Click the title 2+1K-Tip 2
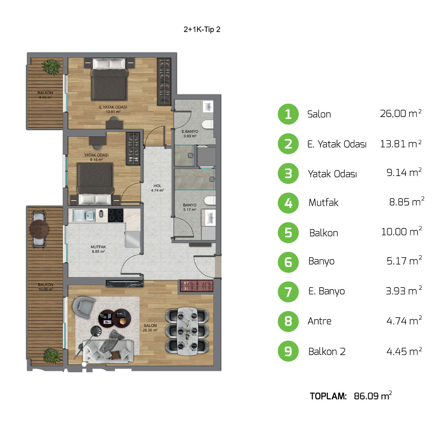[x=202, y=30]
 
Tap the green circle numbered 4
[x=288, y=203]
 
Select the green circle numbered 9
[x=288, y=351]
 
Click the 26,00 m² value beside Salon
[x=400, y=113]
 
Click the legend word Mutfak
[x=323, y=203]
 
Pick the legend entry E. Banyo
[x=326, y=291]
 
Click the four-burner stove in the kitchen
[x=116, y=215]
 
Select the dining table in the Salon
[x=188, y=331]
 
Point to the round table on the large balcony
[x=39, y=229]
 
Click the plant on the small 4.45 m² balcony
[x=51, y=67]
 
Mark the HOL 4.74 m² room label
[x=158, y=188]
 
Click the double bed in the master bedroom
[x=109, y=79]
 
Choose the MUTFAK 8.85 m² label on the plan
[x=98, y=249]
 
